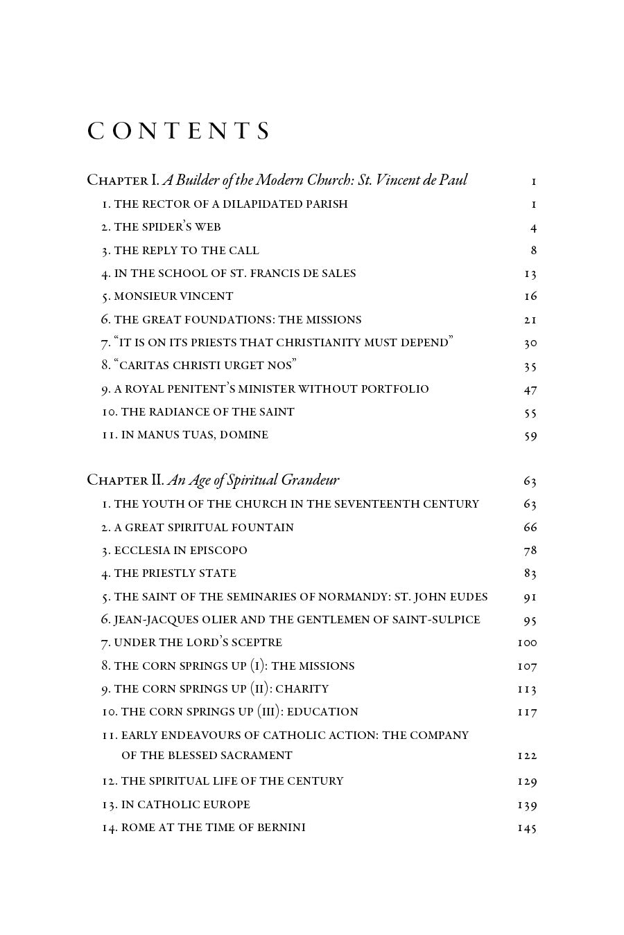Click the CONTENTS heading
click(178, 132)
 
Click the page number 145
click(527, 828)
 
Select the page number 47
click(530, 389)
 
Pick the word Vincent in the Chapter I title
click(406, 180)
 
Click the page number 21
click(530, 320)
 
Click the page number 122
click(527, 756)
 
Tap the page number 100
click(527, 643)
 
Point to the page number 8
click(533, 251)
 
